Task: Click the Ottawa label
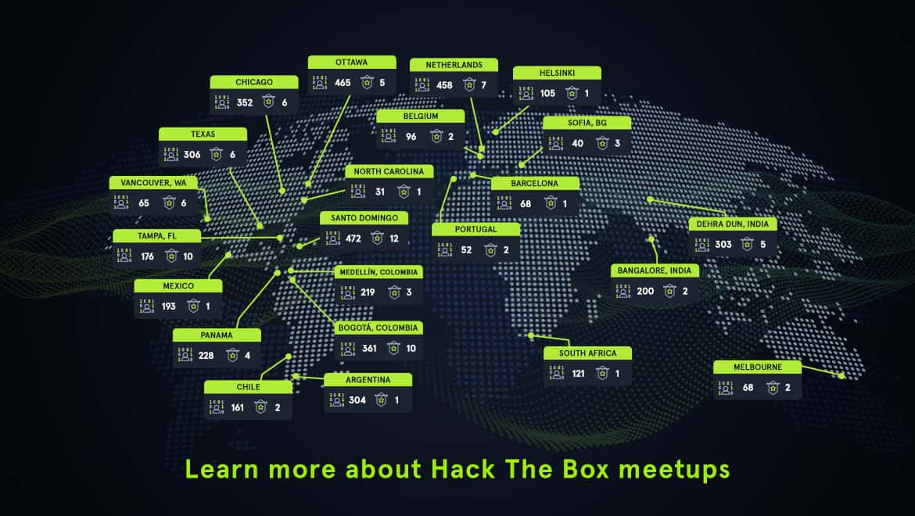(x=351, y=62)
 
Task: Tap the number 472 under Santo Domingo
(x=353, y=238)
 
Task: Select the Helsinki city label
(x=557, y=73)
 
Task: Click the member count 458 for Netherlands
(x=444, y=84)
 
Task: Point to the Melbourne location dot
(x=841, y=375)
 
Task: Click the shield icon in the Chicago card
(x=269, y=102)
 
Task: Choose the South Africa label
(x=587, y=353)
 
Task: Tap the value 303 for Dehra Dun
(x=723, y=244)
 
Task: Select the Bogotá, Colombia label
(x=378, y=328)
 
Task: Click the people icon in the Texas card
(x=170, y=154)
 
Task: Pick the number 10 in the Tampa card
(x=188, y=256)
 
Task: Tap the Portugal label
(x=475, y=230)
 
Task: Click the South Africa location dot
(x=531, y=336)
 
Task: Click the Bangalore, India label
(x=655, y=271)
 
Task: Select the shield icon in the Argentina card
(x=381, y=400)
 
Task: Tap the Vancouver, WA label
(x=153, y=183)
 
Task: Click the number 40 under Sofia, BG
(x=577, y=143)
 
